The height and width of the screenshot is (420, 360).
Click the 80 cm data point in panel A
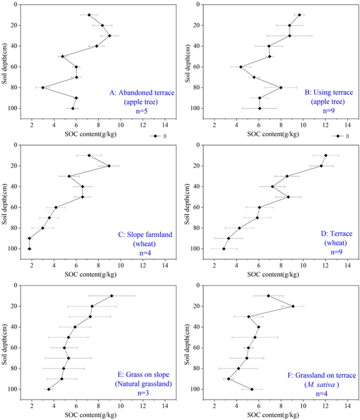pos(43,88)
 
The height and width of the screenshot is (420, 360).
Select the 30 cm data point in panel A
pos(109,36)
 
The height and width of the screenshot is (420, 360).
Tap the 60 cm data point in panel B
pos(241,67)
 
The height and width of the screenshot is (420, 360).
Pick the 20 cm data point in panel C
pos(109,166)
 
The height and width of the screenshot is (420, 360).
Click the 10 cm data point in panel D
pos(326,155)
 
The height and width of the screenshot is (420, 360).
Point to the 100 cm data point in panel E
pos(49,389)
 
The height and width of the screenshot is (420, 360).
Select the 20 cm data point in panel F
pos(293,306)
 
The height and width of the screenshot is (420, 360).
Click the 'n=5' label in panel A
pos(142,111)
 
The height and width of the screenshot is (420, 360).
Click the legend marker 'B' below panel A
pos(155,136)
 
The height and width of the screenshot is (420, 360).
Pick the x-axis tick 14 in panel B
pos(347,125)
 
